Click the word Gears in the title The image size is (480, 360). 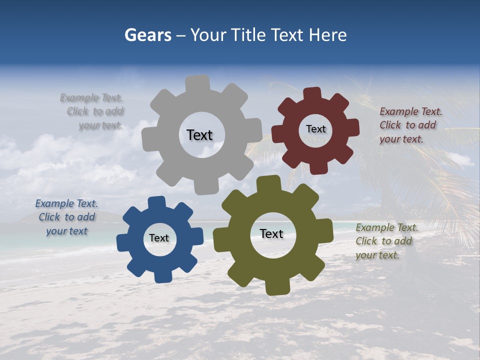pyautogui.click(x=147, y=35)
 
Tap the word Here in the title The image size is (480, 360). pyautogui.click(x=327, y=35)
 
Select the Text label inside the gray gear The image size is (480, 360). pyautogui.click(x=199, y=135)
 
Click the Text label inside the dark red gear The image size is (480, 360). pyautogui.click(x=315, y=129)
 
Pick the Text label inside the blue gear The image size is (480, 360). pyautogui.click(x=159, y=238)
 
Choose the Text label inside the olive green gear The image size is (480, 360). pyautogui.click(x=271, y=233)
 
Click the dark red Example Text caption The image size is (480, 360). pyautogui.click(x=410, y=125)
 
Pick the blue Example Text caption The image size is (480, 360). pyautogui.click(x=66, y=217)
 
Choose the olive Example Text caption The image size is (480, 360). pyautogui.click(x=386, y=241)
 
